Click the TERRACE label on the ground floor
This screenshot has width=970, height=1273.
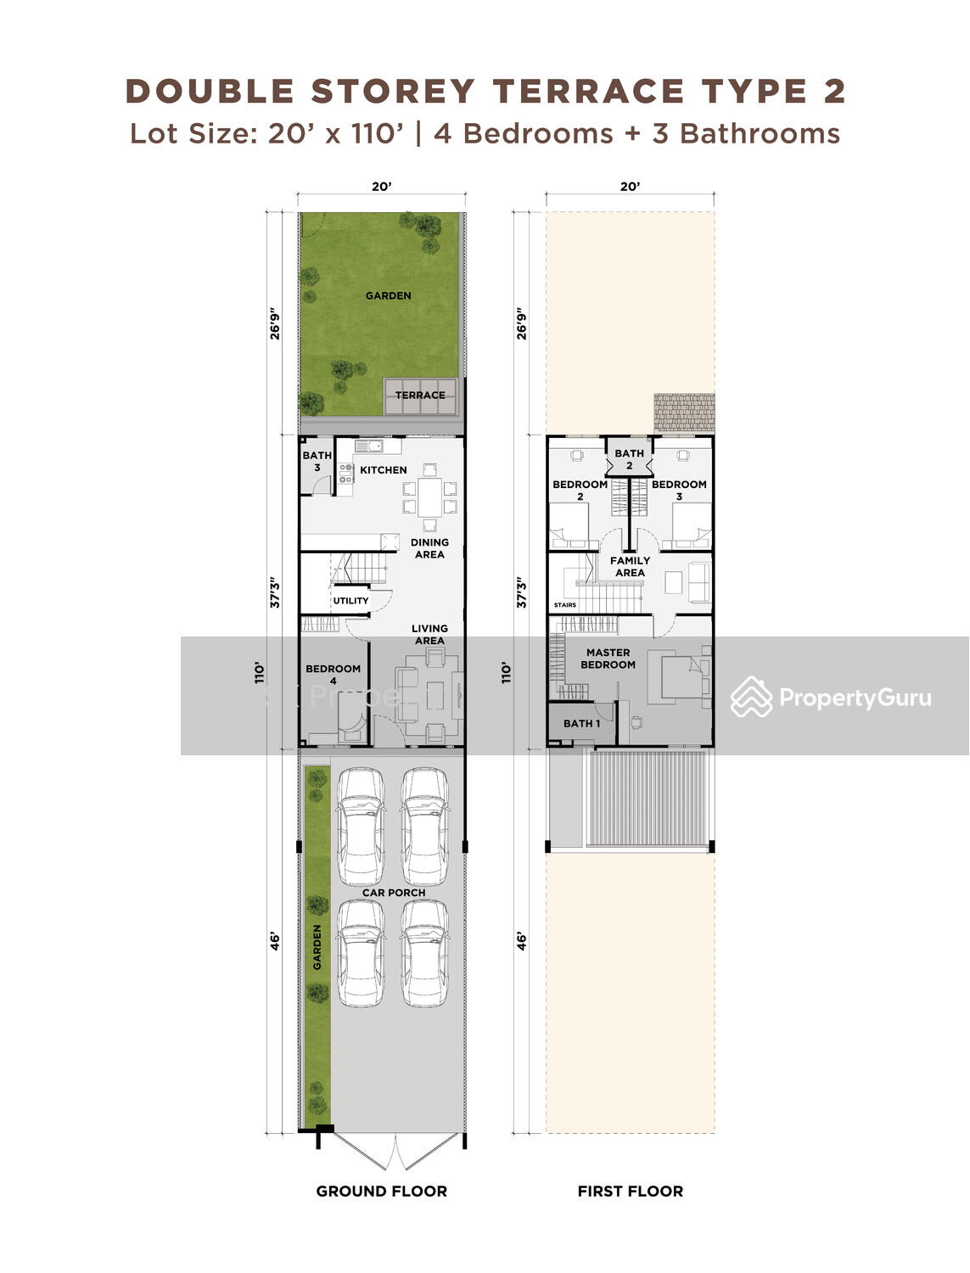click(420, 395)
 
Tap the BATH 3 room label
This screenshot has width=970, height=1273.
click(317, 461)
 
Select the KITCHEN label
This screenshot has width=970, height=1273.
click(384, 470)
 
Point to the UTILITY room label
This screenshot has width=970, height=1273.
click(350, 601)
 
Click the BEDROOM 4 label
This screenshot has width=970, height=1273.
click(333, 675)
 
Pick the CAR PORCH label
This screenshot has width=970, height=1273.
click(394, 893)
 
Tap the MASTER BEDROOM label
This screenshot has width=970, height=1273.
click(608, 659)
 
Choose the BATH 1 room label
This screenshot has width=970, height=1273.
click(581, 724)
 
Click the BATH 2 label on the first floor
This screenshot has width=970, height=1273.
click(629, 459)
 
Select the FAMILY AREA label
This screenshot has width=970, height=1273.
click(630, 567)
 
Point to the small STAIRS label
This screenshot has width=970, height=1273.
click(564, 605)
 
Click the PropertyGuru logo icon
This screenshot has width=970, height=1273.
click(751, 697)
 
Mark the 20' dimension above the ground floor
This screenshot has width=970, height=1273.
click(382, 187)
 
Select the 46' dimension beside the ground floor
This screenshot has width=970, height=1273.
click(275, 942)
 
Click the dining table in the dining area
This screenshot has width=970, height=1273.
click(429, 496)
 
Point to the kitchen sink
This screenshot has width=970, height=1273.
click(369, 446)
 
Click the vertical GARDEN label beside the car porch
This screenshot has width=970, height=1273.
click(317, 947)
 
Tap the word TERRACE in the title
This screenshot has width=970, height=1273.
click(588, 92)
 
